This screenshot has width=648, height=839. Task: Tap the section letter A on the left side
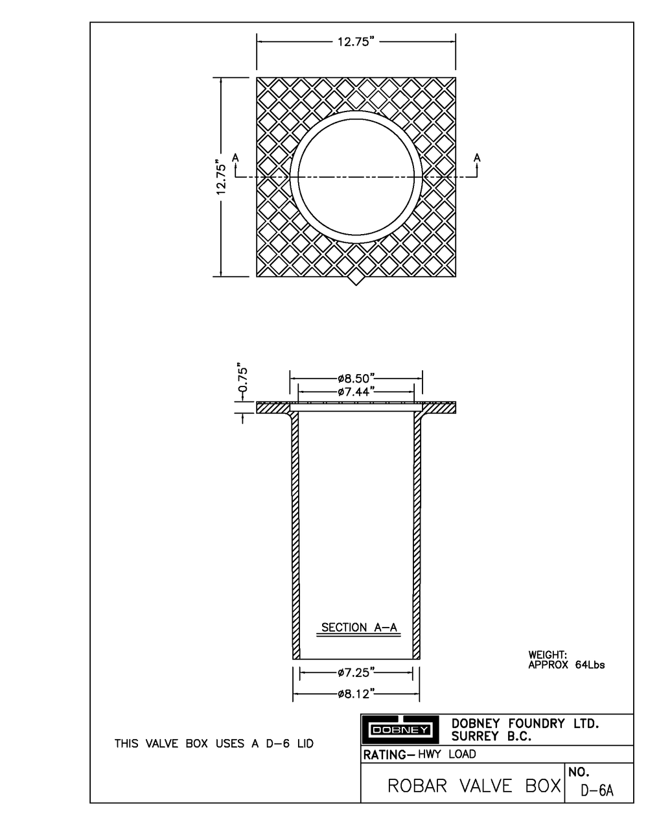[235, 158]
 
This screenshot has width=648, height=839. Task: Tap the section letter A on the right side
[478, 157]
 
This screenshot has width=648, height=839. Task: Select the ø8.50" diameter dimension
[356, 378]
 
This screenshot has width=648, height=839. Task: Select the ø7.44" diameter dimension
[356, 392]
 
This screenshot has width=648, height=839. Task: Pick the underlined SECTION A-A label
[359, 628]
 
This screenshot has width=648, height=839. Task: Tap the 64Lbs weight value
[589, 665]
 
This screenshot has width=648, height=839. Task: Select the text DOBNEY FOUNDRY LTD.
[525, 724]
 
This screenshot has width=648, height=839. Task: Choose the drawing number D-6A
[597, 790]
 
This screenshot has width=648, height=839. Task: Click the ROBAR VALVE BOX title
[474, 786]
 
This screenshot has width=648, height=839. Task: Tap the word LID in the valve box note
[305, 744]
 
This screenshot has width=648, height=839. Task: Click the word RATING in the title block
[384, 755]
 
